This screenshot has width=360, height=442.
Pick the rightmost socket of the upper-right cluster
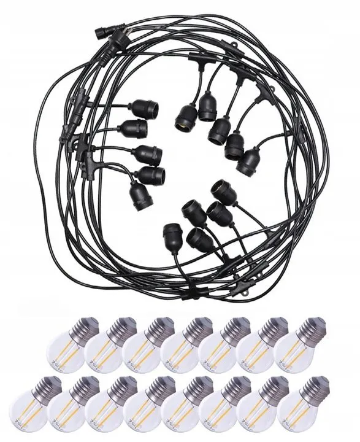click(248, 163)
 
